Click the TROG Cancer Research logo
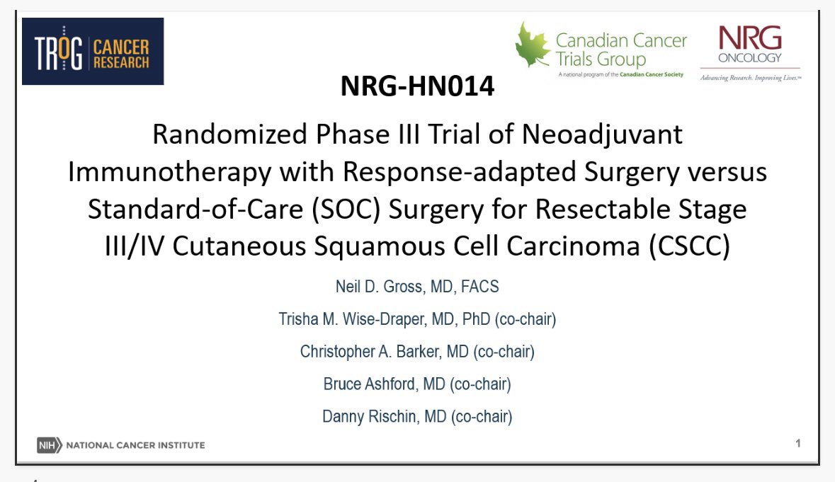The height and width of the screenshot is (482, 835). [93, 51]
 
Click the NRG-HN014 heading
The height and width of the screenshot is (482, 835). [418, 86]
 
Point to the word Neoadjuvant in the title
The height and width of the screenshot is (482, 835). [602, 134]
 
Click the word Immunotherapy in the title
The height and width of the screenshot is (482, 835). [170, 172]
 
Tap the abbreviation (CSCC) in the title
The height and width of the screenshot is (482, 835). [690, 246]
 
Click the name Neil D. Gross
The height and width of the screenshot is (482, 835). [380, 287]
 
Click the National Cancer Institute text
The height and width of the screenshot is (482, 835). [135, 445]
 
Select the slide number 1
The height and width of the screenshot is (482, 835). [797, 443]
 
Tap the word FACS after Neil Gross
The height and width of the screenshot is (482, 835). [479, 287]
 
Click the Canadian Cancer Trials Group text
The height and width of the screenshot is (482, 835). [621, 50]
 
